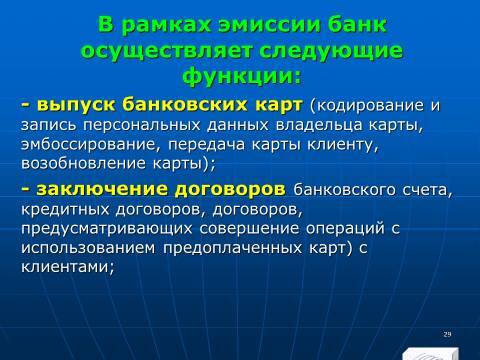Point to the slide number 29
pos(447,333)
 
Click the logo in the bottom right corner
pos(431,351)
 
